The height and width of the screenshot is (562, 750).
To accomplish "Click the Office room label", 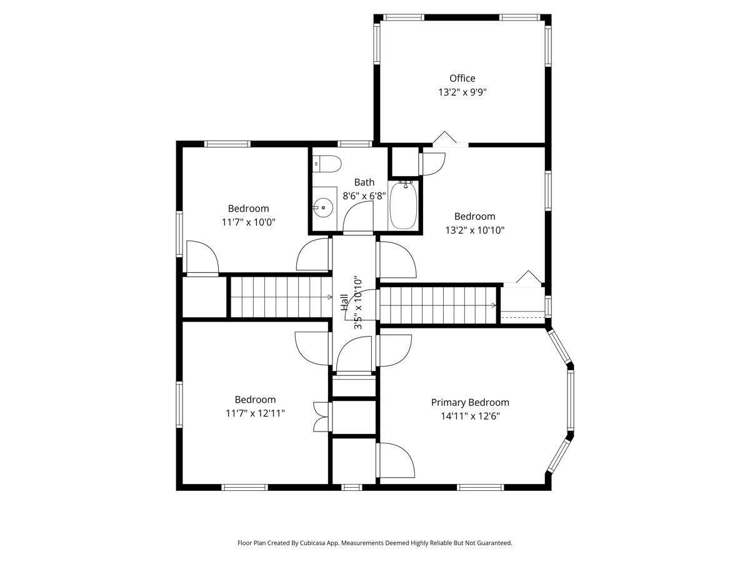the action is click(x=462, y=78).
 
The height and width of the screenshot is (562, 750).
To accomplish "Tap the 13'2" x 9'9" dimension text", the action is click(x=462, y=92).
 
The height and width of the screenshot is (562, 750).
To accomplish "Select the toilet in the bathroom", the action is click(x=327, y=164).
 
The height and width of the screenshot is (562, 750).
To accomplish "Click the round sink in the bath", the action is click(x=323, y=207).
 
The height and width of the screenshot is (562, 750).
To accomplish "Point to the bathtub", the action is click(x=404, y=205).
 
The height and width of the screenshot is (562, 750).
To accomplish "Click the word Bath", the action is click(x=364, y=182).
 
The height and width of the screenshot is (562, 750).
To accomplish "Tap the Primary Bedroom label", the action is click(x=470, y=403).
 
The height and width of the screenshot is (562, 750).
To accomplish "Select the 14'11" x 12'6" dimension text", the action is click(x=470, y=417).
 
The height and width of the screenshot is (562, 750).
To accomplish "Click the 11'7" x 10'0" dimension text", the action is click(x=248, y=222).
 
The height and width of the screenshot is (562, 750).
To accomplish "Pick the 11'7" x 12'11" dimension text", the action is click(x=255, y=413).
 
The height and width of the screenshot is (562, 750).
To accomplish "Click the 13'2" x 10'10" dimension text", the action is click(x=474, y=230).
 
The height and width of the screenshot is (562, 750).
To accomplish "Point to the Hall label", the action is click(x=344, y=302).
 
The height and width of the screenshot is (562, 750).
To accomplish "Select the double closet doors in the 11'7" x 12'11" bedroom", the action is click(x=321, y=417).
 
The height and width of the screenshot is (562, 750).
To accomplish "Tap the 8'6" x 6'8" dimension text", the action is click(x=364, y=196).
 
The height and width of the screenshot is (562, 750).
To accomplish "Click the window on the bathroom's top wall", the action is click(x=354, y=144).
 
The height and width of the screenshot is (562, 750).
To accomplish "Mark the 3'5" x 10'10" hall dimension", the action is click(x=358, y=303).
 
